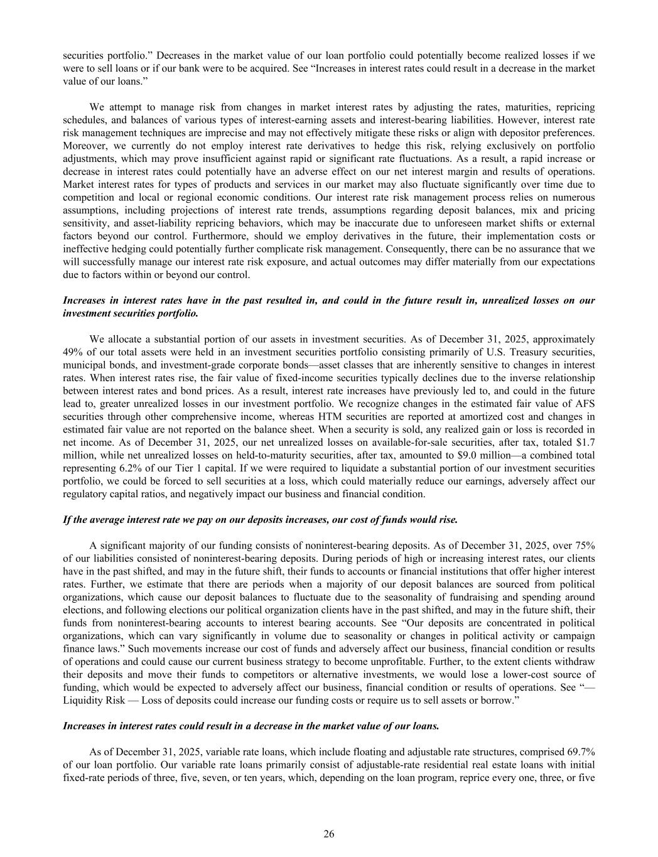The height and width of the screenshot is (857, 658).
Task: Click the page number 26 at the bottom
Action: tap(328, 834)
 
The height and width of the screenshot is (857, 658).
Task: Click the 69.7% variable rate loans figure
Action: tap(581, 751)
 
